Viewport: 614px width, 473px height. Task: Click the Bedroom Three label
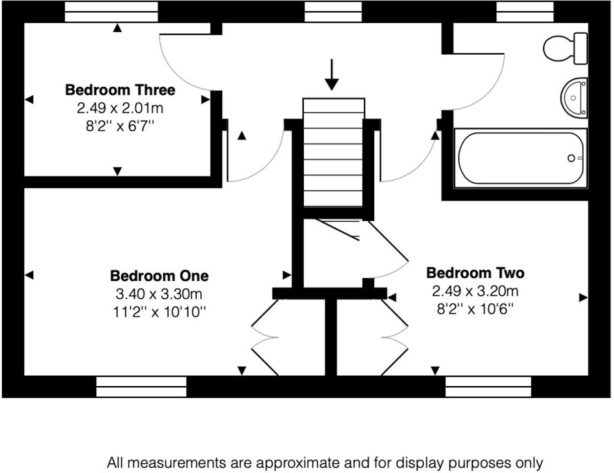tap(120, 90)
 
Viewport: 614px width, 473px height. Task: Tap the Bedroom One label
tap(159, 276)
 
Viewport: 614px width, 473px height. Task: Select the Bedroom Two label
tap(475, 273)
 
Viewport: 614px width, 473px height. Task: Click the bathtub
tap(520, 158)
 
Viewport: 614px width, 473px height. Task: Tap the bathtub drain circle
tap(571, 158)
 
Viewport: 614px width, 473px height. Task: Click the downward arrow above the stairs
tap(332, 74)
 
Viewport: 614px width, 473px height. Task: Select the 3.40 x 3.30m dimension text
tap(159, 294)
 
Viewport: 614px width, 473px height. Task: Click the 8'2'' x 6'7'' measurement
tap(120, 127)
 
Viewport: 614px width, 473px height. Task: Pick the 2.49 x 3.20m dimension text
tap(475, 291)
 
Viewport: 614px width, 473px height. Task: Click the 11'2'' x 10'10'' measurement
tap(159, 312)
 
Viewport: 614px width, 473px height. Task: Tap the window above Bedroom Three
tap(111, 12)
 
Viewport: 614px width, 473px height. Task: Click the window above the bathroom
tap(525, 12)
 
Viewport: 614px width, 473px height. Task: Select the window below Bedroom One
tap(141, 387)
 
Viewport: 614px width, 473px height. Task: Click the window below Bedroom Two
tap(488, 387)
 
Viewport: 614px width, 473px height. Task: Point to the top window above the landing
tap(333, 12)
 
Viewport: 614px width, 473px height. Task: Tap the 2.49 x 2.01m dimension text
tap(120, 108)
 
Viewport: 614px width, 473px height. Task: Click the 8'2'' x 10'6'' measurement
tap(475, 309)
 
